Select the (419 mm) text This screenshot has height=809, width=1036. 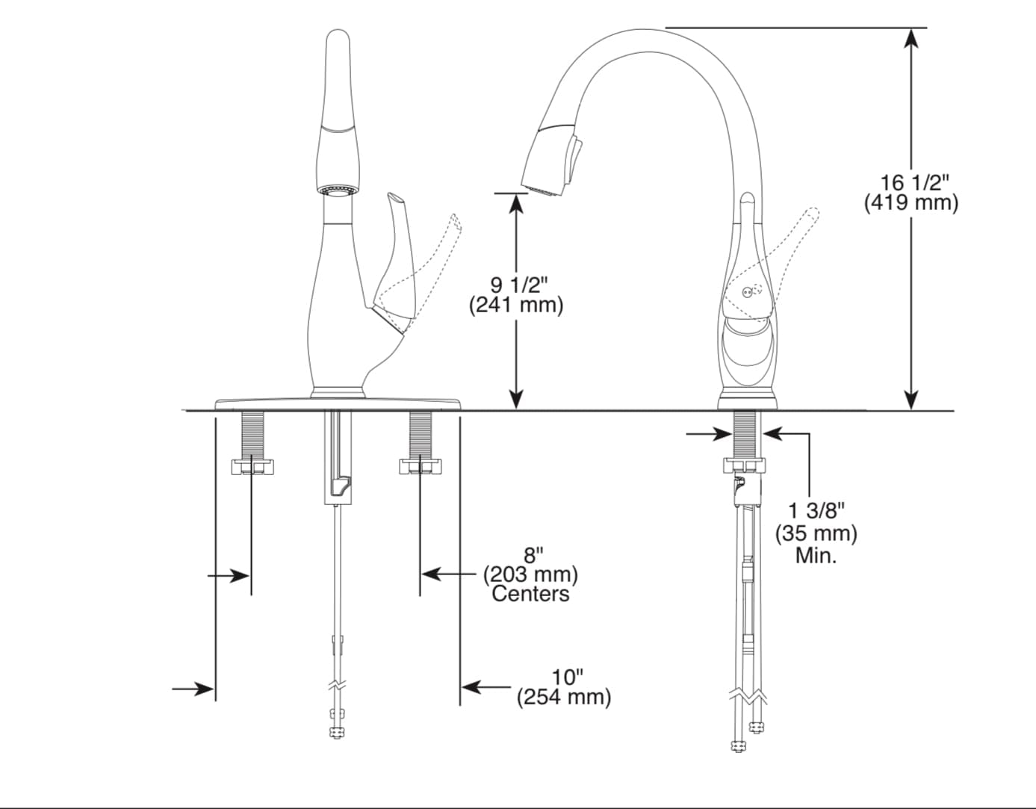(911, 204)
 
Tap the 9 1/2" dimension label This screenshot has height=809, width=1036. (519, 285)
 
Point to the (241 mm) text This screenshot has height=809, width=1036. (516, 305)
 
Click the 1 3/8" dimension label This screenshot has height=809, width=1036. (816, 512)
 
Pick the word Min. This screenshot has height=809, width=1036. (816, 555)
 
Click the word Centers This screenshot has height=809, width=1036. (530, 594)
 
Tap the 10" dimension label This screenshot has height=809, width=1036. (568, 678)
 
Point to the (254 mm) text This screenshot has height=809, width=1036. (564, 698)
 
